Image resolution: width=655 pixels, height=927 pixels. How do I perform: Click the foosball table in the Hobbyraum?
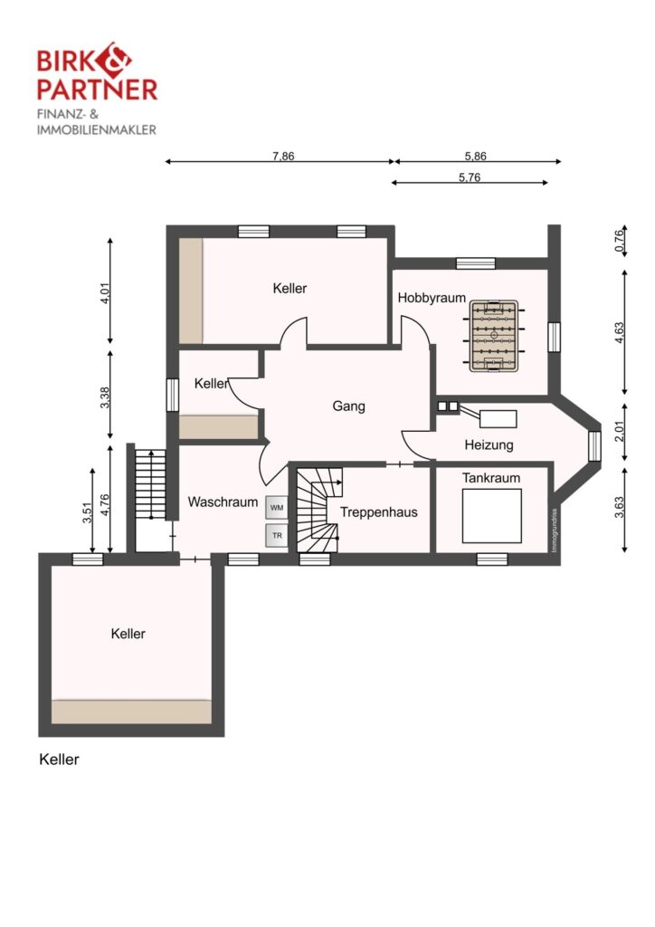click(494, 336)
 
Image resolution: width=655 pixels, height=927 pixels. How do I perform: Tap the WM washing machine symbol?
click(277, 508)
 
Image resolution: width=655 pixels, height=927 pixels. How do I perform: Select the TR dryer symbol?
click(277, 536)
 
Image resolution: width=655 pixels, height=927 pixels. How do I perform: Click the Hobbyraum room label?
click(432, 298)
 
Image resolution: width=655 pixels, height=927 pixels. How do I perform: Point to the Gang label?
click(348, 406)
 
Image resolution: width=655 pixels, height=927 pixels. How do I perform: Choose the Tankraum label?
click(491, 478)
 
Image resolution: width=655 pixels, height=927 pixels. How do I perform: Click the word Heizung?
click(489, 444)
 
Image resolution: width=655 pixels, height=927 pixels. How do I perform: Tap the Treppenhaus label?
click(378, 512)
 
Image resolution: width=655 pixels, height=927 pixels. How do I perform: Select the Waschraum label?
click(223, 502)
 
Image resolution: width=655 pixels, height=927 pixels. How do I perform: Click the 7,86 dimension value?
click(283, 156)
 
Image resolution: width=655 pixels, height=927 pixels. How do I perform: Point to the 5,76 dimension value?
click(470, 177)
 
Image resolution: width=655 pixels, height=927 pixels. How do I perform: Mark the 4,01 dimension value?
click(105, 293)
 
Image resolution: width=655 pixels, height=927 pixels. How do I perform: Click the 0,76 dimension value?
click(619, 241)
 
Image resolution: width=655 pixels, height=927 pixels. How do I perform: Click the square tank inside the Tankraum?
click(491, 516)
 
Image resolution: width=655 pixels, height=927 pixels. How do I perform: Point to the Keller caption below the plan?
click(59, 760)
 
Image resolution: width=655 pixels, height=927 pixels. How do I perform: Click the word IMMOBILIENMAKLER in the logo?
click(96, 129)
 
